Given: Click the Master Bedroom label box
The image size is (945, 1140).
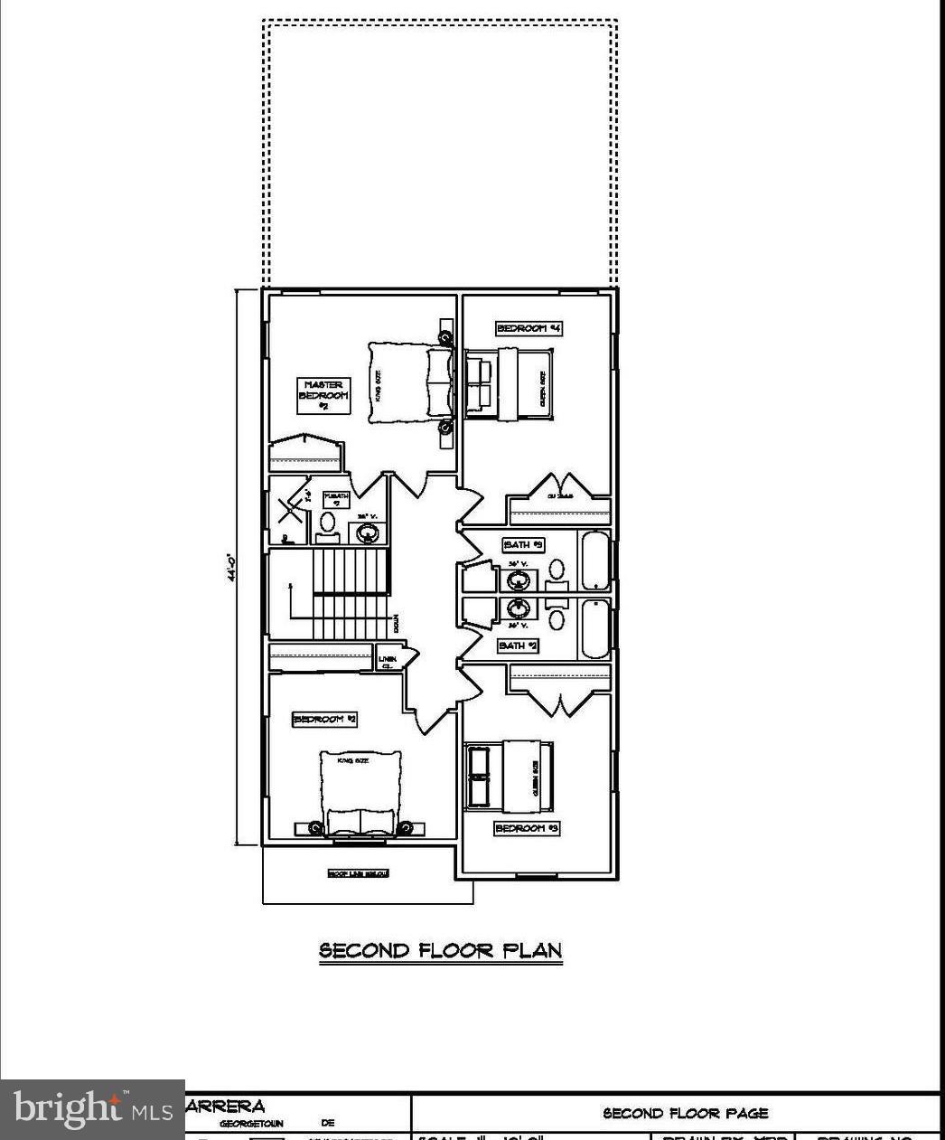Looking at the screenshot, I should [x=323, y=396].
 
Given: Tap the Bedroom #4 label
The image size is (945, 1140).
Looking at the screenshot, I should [x=529, y=328].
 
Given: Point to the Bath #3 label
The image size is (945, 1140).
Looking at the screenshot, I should [x=523, y=545].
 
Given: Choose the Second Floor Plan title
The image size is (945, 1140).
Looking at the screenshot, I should [x=441, y=950].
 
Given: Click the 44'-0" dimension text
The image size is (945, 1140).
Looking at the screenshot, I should [x=232, y=567].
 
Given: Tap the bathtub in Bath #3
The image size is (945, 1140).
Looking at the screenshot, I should [x=594, y=561].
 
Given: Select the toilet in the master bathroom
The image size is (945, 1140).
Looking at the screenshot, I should [x=327, y=523].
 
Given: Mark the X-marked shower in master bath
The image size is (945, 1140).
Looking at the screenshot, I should [x=289, y=512].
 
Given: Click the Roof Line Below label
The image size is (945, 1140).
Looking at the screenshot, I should [x=358, y=873].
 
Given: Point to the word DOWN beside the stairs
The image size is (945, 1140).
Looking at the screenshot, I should [x=395, y=625].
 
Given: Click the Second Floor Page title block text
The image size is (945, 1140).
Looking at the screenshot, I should [x=686, y=1114].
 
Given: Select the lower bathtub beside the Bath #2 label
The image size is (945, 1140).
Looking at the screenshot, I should [x=594, y=629].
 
